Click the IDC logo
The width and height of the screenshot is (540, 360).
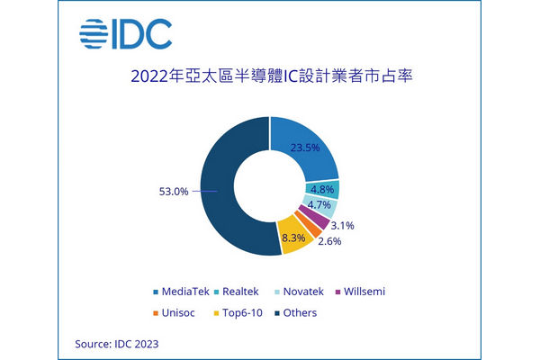point(125,34)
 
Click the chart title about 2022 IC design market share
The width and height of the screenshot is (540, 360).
point(272,76)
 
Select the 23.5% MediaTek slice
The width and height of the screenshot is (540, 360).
point(303,148)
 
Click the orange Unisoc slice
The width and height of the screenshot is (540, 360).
point(308,224)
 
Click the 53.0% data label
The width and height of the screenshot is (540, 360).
point(174,192)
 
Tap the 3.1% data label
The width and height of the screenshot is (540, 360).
point(342,226)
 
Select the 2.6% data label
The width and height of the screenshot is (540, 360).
point(329,241)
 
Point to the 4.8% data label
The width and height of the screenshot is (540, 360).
point(322,190)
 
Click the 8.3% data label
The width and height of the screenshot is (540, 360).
point(293,238)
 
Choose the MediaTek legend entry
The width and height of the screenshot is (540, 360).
point(181,292)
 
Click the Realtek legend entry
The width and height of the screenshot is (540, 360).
point(236,292)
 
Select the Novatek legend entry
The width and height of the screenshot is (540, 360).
point(300,292)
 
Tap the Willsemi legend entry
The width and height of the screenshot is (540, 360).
point(360,292)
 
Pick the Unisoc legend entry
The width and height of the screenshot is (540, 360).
point(174,313)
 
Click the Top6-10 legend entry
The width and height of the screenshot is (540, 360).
point(238,313)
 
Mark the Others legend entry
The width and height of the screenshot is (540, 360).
point(296,313)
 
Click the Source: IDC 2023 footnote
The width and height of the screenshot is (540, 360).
point(117,344)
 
